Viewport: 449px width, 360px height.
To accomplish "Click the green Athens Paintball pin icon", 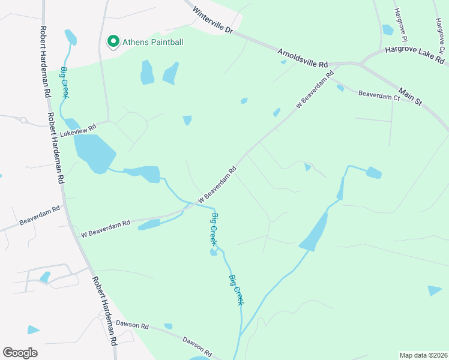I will pyautogui.click(x=112, y=41).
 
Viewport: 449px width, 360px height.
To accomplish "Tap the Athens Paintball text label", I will pyautogui.click(x=152, y=42).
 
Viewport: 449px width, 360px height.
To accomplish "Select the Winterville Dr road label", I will pyautogui.click(x=212, y=19).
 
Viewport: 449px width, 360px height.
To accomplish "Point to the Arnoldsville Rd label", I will pyautogui.click(x=303, y=58).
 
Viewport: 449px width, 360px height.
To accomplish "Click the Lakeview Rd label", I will pyautogui.click(x=78, y=130).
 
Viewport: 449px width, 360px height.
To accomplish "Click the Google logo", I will pyautogui.click(x=20, y=352).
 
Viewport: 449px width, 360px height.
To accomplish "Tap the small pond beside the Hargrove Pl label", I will pyautogui.click(x=388, y=29).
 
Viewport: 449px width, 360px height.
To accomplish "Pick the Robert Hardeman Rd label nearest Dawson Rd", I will pyautogui.click(x=103, y=311).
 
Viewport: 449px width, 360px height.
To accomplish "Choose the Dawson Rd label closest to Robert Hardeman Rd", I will pyautogui.click(x=132, y=325).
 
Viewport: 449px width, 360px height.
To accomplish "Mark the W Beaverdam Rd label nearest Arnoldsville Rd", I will pyautogui.click(x=315, y=91).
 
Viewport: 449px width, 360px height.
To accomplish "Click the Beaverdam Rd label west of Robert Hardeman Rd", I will pyautogui.click(x=40, y=215).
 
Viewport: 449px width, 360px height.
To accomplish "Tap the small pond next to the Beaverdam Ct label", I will pyautogui.click(x=340, y=88).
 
